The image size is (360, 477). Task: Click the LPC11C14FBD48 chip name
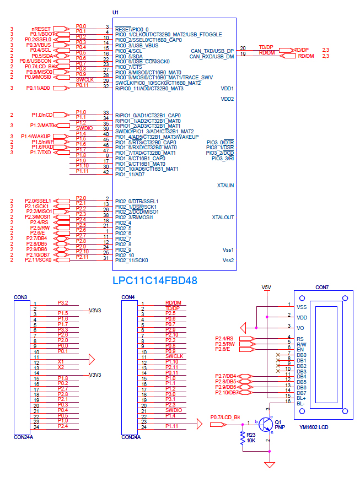[154, 280]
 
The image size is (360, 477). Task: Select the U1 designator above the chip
[115, 12]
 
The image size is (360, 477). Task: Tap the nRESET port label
[41, 29]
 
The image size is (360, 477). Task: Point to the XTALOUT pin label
[223, 218]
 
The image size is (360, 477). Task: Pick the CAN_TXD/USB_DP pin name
[212, 51]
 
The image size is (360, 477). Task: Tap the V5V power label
[266, 288]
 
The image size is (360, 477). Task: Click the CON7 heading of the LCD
[322, 288]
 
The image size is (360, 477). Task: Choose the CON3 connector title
[20, 297]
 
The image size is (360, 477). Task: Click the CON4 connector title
[128, 297]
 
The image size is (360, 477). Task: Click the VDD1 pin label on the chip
[227, 88]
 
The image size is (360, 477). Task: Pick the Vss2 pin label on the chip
[228, 260]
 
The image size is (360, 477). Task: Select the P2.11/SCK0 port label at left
[38, 259]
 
